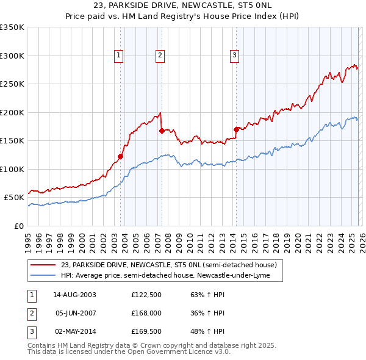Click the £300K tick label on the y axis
click(x=12, y=56)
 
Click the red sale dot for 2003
click(x=120, y=156)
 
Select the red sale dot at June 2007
click(x=162, y=130)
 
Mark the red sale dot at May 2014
click(x=236, y=129)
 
